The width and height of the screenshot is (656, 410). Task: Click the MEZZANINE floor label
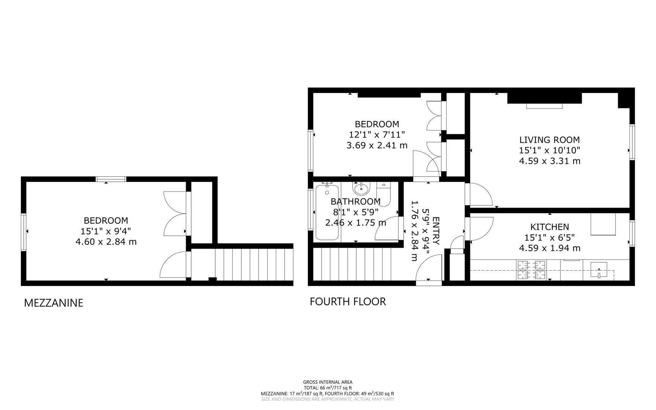coord(53,303)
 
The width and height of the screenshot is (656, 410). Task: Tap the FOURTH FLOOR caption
coord(348,302)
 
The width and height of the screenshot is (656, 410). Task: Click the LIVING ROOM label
coord(550,140)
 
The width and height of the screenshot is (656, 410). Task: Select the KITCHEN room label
coord(550,227)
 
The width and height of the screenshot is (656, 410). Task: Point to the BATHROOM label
coord(356,202)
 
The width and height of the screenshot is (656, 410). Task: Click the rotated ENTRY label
coord(436,231)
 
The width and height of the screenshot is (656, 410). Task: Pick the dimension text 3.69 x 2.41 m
coord(377,145)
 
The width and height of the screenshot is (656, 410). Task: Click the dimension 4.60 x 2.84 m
coord(106,242)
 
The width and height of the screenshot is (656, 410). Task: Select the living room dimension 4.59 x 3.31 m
coord(550,161)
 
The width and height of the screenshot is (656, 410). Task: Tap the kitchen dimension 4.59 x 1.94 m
coord(550,248)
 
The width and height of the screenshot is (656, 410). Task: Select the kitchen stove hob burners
coord(531,270)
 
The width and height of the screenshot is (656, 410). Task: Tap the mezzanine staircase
coord(242,265)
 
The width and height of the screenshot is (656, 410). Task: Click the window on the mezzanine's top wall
coord(111,179)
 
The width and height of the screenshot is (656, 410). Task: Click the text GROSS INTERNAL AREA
coord(328,382)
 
